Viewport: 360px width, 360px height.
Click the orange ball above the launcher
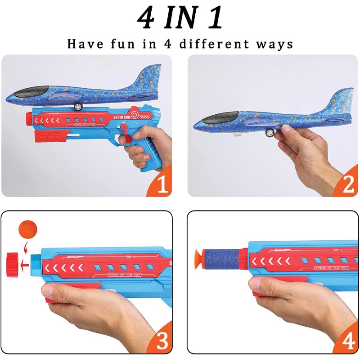click(x=28, y=229)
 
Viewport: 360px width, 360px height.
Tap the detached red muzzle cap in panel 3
click(x=11, y=265)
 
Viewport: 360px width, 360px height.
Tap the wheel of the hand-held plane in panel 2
click(x=270, y=132)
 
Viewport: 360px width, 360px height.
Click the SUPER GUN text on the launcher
click(x=121, y=117)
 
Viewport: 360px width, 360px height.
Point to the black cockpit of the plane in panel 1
click(x=31, y=91)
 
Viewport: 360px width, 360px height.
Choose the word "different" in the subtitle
click(x=214, y=44)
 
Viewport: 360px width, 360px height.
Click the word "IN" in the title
click(x=181, y=18)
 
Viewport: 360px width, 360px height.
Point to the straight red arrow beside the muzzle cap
click(x=25, y=265)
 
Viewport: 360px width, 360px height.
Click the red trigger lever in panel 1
click(x=125, y=135)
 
